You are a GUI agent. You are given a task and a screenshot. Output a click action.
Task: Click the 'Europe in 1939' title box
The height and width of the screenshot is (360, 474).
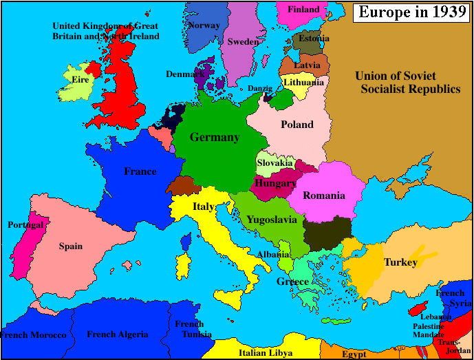click(x=411, y=12)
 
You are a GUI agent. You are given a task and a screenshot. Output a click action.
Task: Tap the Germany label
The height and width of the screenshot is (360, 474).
click(x=215, y=137)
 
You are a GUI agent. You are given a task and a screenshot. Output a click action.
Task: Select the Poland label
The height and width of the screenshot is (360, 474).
click(x=297, y=125)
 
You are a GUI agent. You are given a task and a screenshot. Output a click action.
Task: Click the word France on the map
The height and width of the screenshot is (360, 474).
click(x=140, y=171)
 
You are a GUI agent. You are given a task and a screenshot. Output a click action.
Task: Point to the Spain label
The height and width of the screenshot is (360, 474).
click(x=70, y=246)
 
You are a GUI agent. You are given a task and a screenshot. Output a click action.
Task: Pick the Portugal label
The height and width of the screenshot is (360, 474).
click(x=25, y=225)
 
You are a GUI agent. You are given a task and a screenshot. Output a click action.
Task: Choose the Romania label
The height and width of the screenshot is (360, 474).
click(x=323, y=195)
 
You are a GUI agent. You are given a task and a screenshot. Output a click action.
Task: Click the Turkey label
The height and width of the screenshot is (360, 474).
click(x=400, y=262)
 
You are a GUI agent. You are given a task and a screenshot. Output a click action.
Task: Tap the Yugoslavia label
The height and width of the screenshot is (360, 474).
click(x=271, y=220)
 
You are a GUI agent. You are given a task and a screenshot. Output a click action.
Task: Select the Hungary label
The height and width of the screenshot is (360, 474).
click(x=275, y=184)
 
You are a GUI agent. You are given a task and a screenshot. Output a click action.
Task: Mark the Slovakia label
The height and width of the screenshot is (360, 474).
click(x=275, y=163)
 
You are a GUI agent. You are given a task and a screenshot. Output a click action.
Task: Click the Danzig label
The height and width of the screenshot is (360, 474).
click(x=261, y=88)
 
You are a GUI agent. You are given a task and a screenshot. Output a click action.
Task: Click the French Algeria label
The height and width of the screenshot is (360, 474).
click(x=117, y=335)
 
